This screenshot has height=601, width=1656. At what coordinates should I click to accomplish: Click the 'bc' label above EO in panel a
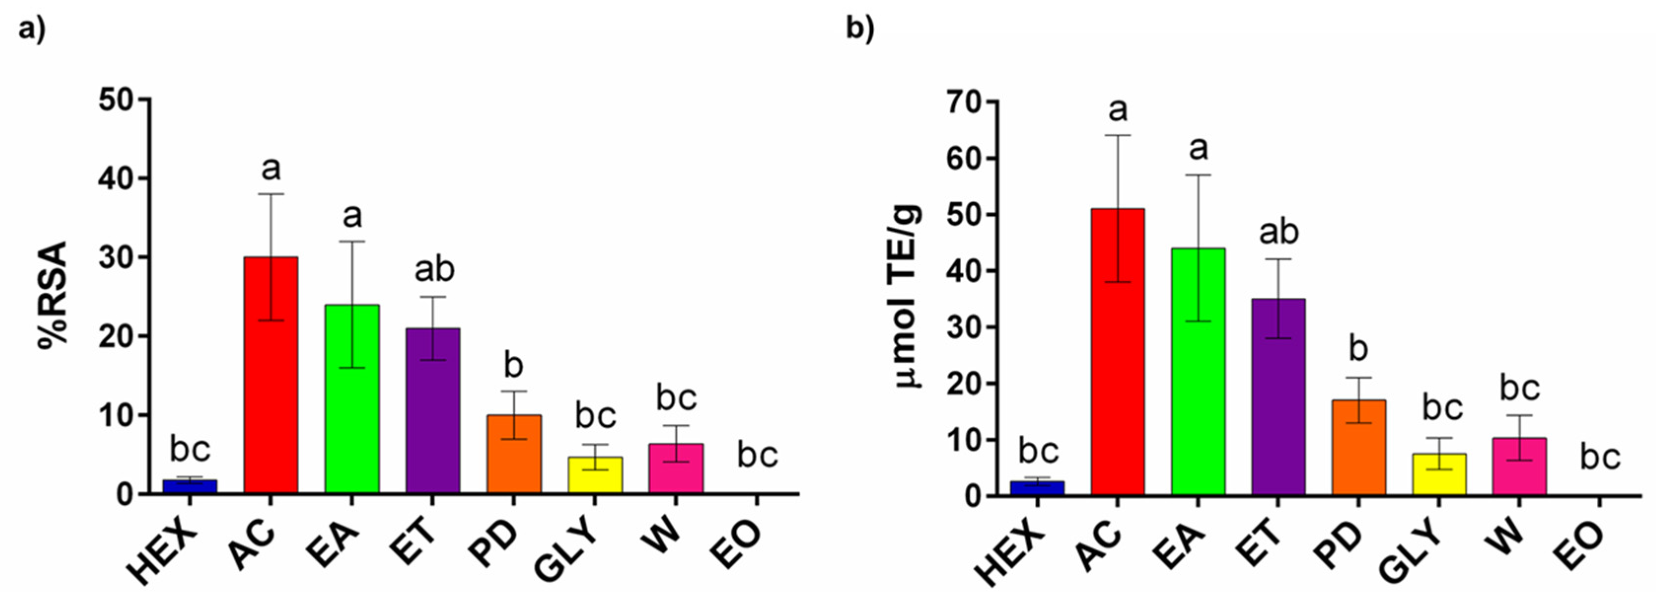coord(757,456)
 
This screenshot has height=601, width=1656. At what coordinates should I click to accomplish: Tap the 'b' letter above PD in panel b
coord(1358,349)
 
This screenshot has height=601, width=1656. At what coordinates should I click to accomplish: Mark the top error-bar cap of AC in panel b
coord(1118,135)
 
